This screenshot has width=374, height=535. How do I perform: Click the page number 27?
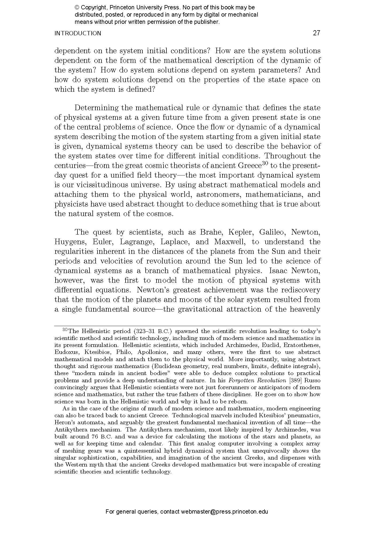(316, 33)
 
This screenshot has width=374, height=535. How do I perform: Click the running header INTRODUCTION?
(78, 33)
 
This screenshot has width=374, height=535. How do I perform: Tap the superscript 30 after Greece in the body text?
(264, 163)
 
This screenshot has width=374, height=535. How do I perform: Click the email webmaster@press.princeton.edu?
(224, 512)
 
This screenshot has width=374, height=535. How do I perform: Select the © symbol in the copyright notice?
(77, 7)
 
